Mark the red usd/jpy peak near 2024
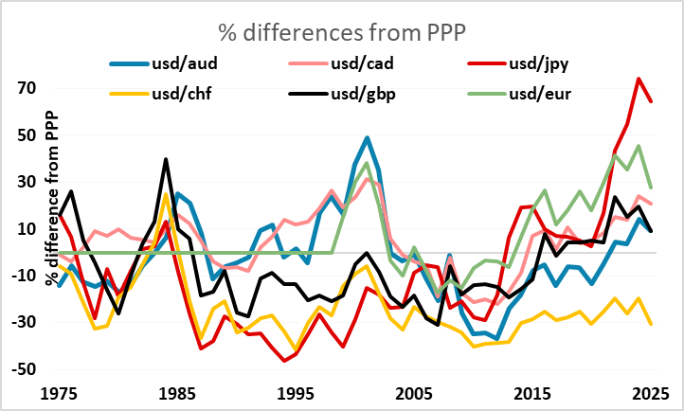tap(639, 79)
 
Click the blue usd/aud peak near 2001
tap(367, 137)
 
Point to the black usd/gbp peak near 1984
tap(166, 159)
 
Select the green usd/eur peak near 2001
tap(367, 163)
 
